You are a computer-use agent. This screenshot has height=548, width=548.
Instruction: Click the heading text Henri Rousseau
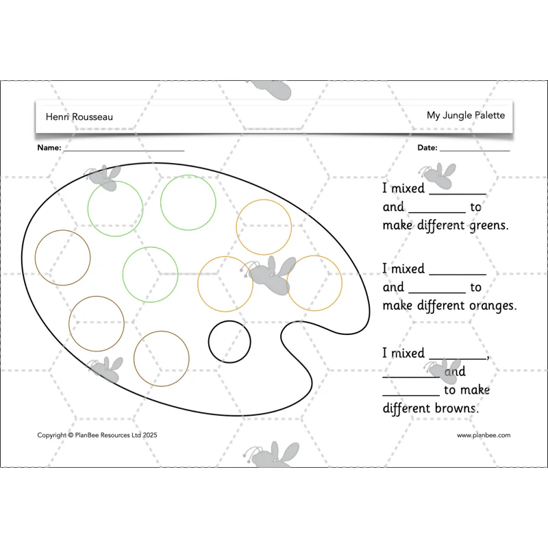pos(79,116)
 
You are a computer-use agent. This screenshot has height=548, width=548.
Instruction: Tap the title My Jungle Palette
pos(466,115)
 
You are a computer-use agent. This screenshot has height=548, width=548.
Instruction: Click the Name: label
pos(49,147)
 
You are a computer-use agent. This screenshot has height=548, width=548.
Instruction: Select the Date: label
pos(427,147)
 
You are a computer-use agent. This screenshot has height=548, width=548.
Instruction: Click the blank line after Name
pos(124,151)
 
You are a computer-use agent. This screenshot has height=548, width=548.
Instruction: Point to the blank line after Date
pos(475,151)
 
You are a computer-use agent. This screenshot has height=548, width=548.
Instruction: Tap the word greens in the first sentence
pos(489,226)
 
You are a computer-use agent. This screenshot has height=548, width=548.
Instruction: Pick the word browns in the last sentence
pos(457,408)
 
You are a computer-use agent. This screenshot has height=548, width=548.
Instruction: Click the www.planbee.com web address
pos(484,435)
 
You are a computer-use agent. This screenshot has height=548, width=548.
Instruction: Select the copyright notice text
pos(97,435)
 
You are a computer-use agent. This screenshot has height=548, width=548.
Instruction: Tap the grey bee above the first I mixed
pos(438,175)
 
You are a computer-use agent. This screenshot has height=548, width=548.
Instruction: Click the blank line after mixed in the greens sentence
pos(458,194)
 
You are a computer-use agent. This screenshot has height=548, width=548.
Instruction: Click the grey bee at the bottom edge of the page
pos(271,454)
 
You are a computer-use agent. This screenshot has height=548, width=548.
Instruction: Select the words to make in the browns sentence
pos(466,390)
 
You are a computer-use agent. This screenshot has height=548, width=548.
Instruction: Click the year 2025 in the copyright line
pos(150,435)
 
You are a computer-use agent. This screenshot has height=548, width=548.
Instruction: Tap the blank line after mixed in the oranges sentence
pos(458,275)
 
